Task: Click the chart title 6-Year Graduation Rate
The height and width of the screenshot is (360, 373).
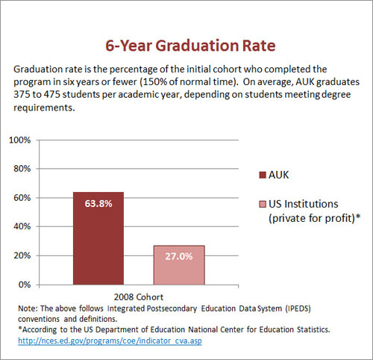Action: click(190, 46)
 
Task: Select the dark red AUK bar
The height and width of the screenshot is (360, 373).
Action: click(98, 238)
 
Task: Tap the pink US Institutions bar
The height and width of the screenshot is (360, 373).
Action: click(179, 265)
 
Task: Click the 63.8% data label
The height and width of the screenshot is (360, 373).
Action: click(98, 204)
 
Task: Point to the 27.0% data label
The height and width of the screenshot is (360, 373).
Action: click(179, 256)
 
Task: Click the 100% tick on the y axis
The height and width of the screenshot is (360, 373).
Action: click(20, 140)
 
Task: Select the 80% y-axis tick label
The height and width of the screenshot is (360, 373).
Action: click(22, 169)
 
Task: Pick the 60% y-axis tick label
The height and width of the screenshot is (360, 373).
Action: click(22, 198)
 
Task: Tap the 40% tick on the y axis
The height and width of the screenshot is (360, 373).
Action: click(22, 226)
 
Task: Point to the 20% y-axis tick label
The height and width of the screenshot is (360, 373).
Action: click(22, 255)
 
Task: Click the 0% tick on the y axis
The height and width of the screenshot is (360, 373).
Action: click(25, 285)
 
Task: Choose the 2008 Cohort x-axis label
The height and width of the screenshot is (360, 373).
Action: click(139, 297)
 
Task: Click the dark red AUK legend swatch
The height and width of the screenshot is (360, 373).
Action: click(263, 175)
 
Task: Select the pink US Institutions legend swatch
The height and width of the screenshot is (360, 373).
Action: click(263, 204)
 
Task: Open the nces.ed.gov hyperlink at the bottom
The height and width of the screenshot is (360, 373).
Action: click(110, 341)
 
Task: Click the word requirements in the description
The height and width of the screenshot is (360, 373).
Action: click(44, 108)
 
